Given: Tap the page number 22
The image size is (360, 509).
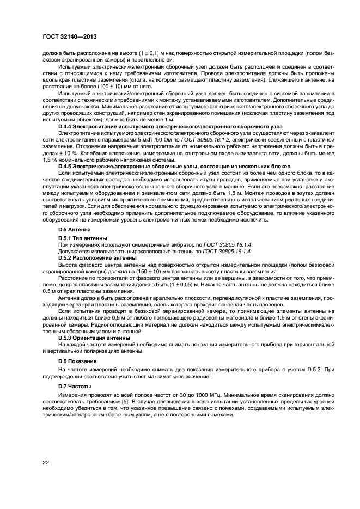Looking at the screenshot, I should pyautogui.click(x=47, y=462).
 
